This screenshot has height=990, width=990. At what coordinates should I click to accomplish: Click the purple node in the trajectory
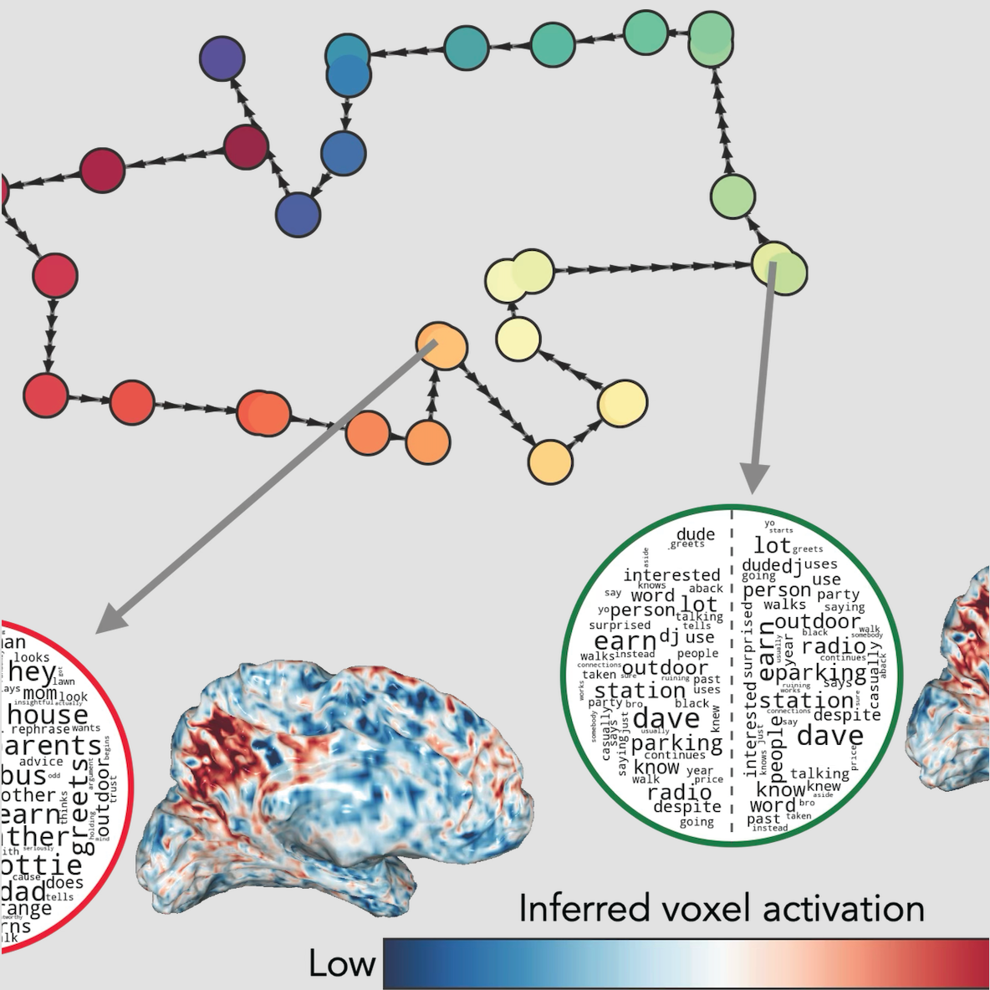(x=222, y=59)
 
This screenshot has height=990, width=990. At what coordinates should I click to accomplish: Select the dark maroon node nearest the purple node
(x=246, y=147)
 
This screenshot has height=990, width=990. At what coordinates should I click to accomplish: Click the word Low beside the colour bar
(x=341, y=964)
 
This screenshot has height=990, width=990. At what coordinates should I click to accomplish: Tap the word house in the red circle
(x=48, y=715)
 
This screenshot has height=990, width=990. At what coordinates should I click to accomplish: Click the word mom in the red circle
(x=39, y=694)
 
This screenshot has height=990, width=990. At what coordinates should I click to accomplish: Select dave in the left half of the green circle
(x=666, y=718)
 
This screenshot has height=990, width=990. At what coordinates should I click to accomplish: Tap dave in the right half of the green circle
(x=829, y=736)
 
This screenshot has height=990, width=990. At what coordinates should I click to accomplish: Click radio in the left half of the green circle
(x=679, y=792)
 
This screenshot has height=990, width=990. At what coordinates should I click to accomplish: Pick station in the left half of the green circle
(x=640, y=691)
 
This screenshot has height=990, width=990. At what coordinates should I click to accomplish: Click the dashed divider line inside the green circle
(x=732, y=669)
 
